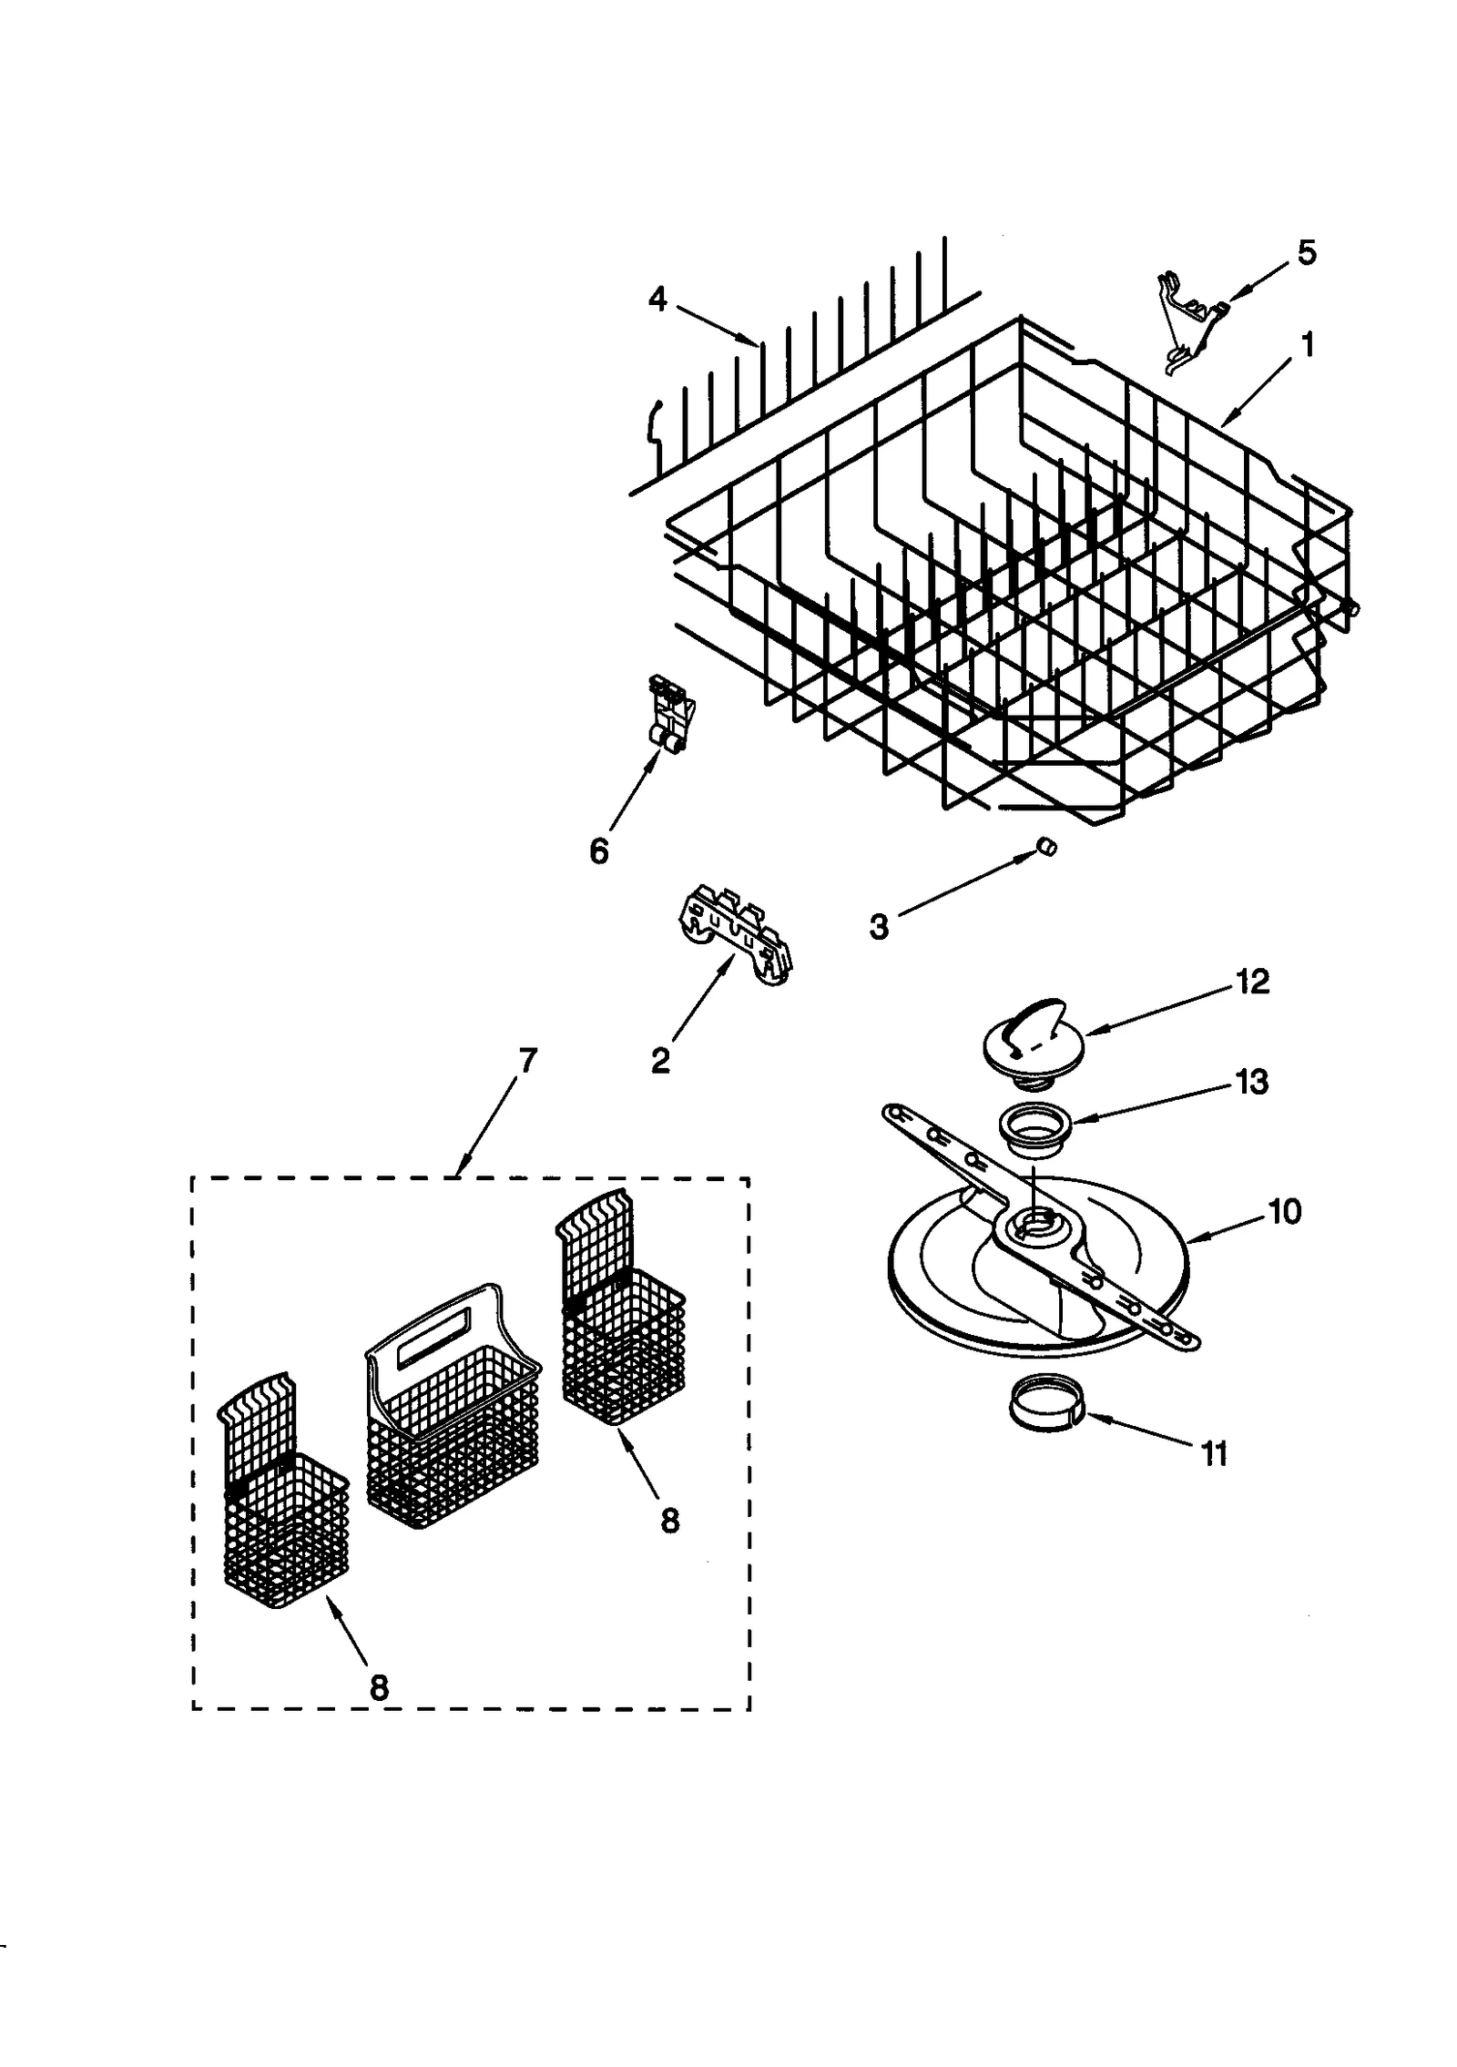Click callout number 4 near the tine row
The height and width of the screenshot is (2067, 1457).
click(x=657, y=300)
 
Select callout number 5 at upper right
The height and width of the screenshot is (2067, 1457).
click(x=1306, y=252)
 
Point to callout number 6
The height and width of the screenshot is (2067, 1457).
click(x=598, y=851)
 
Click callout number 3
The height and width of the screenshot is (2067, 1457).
click(x=878, y=927)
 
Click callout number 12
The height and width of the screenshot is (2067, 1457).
click(x=1252, y=982)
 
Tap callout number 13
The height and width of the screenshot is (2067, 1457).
click(x=1252, y=1082)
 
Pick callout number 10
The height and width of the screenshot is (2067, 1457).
click(x=1285, y=1212)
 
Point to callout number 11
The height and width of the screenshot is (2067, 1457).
click(x=1214, y=1454)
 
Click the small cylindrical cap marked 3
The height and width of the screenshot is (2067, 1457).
click(x=1047, y=848)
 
